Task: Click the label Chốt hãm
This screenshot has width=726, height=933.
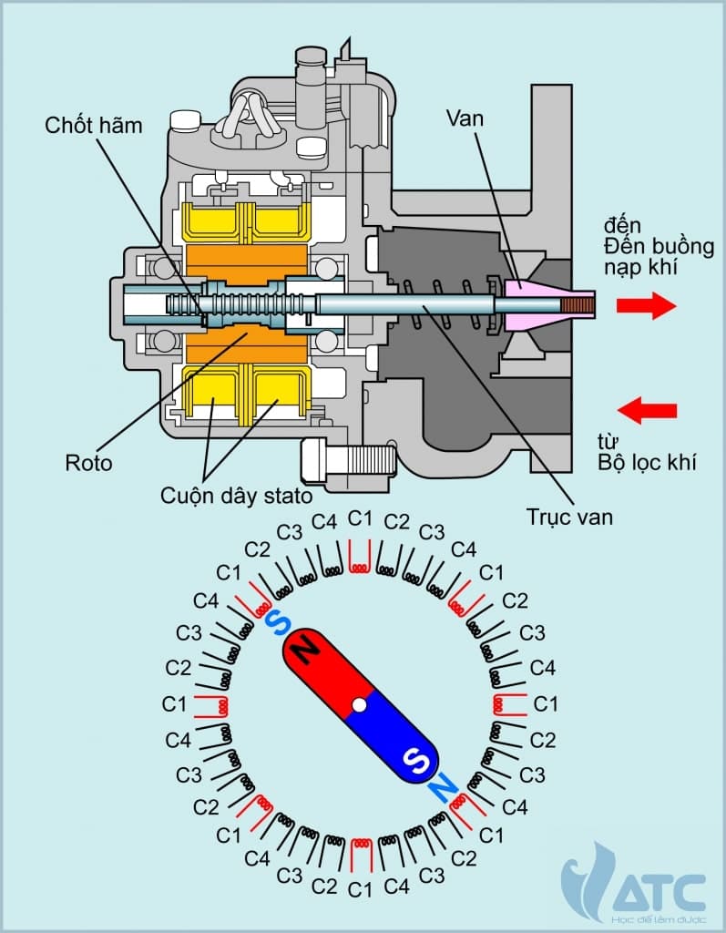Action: point(94,125)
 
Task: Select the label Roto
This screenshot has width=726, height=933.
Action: point(89,463)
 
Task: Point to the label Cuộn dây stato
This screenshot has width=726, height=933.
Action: point(236,497)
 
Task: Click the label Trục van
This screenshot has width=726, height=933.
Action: point(569,517)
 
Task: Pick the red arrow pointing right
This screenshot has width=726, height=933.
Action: point(646,306)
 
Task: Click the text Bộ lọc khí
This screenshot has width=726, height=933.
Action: point(647,462)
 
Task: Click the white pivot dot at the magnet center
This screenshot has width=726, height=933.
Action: point(360,704)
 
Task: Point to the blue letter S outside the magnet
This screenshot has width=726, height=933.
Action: point(277,622)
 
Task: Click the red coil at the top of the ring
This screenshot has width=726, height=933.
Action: point(361,558)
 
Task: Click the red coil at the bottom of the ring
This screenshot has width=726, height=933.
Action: point(361,852)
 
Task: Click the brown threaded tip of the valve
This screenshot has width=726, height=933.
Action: point(578,306)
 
